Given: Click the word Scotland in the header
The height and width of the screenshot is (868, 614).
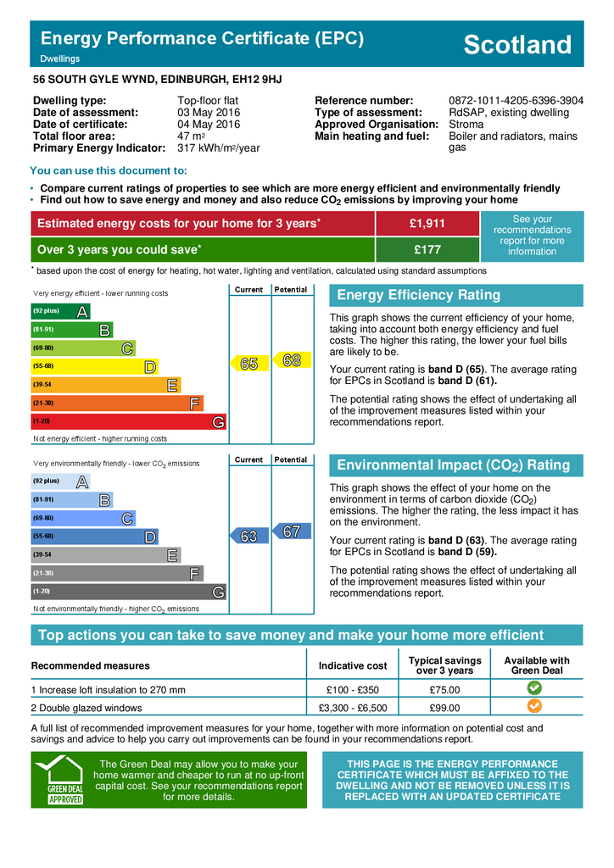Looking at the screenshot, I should (517, 44).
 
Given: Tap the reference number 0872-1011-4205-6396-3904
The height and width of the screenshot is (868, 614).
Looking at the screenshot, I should (516, 100).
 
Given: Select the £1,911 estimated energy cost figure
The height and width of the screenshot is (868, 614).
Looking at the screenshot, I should (427, 223).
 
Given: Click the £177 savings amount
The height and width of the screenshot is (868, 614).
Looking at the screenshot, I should (427, 250).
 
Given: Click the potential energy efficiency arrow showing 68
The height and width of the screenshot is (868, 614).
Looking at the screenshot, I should (289, 360).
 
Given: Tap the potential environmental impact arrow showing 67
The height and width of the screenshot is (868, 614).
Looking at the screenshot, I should (289, 531).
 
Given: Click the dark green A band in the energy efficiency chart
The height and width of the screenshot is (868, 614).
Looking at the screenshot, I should (60, 312).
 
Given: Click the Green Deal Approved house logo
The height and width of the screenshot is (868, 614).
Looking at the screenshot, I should (59, 779).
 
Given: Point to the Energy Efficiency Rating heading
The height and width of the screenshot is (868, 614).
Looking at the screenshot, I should (419, 296).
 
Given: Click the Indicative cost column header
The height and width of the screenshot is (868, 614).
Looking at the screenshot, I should (353, 666).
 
